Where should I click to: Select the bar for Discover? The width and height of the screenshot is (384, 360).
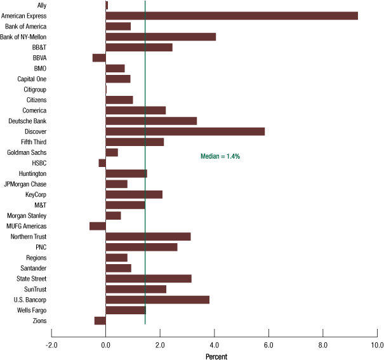point(185,131)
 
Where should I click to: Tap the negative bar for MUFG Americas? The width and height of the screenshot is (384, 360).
point(98,226)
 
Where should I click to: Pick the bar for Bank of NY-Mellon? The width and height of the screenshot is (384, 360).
point(161,37)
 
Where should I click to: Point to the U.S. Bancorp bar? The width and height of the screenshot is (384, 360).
point(157,300)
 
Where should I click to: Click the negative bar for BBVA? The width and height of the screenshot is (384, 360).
point(99,58)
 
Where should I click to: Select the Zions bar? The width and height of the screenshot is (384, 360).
point(100,321)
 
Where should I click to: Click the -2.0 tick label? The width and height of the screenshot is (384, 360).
point(51,345)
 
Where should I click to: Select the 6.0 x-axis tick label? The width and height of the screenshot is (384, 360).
point(268,345)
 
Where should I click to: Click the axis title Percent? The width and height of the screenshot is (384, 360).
point(216,356)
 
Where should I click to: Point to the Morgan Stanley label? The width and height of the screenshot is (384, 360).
point(26,216)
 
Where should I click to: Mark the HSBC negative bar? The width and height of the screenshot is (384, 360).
point(102,163)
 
